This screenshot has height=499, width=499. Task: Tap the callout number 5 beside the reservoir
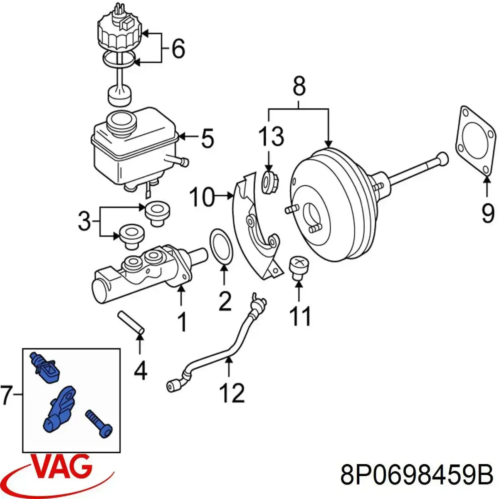coord(207,138)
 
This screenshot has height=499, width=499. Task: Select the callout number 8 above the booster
coord(299,87)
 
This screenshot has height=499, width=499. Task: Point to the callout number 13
coord(271,136)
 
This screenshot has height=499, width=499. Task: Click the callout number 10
coord(202,197)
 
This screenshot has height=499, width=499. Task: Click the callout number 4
coord(141,370)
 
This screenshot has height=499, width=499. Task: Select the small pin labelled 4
coord(131,321)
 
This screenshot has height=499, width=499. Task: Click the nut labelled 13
coord(270,182)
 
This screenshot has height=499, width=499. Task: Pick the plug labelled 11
coord(298,266)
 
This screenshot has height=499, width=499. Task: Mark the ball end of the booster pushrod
coord(443,158)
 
